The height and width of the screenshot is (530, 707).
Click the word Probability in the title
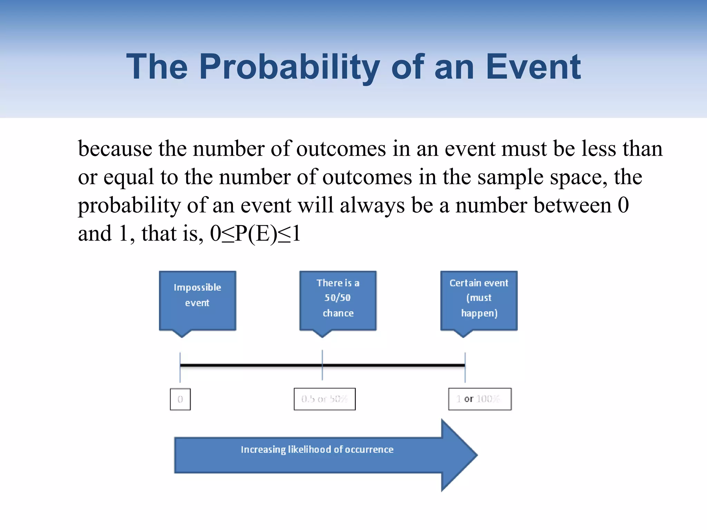point(289,67)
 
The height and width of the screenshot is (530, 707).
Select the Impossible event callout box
point(197,300)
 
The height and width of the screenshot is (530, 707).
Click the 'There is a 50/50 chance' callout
point(338,300)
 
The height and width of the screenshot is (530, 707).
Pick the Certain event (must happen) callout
point(479,300)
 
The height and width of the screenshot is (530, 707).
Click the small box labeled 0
point(180,399)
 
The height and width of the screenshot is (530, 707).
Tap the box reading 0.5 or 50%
point(325,399)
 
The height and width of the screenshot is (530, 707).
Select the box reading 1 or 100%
point(480,399)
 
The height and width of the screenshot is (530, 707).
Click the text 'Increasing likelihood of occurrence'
point(317,449)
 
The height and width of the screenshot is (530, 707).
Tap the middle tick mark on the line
point(322,365)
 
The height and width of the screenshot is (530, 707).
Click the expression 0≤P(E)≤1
point(255,234)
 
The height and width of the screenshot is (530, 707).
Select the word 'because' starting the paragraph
point(115,149)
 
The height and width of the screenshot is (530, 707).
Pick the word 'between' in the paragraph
point(572,206)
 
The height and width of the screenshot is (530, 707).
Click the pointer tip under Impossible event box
point(182,336)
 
